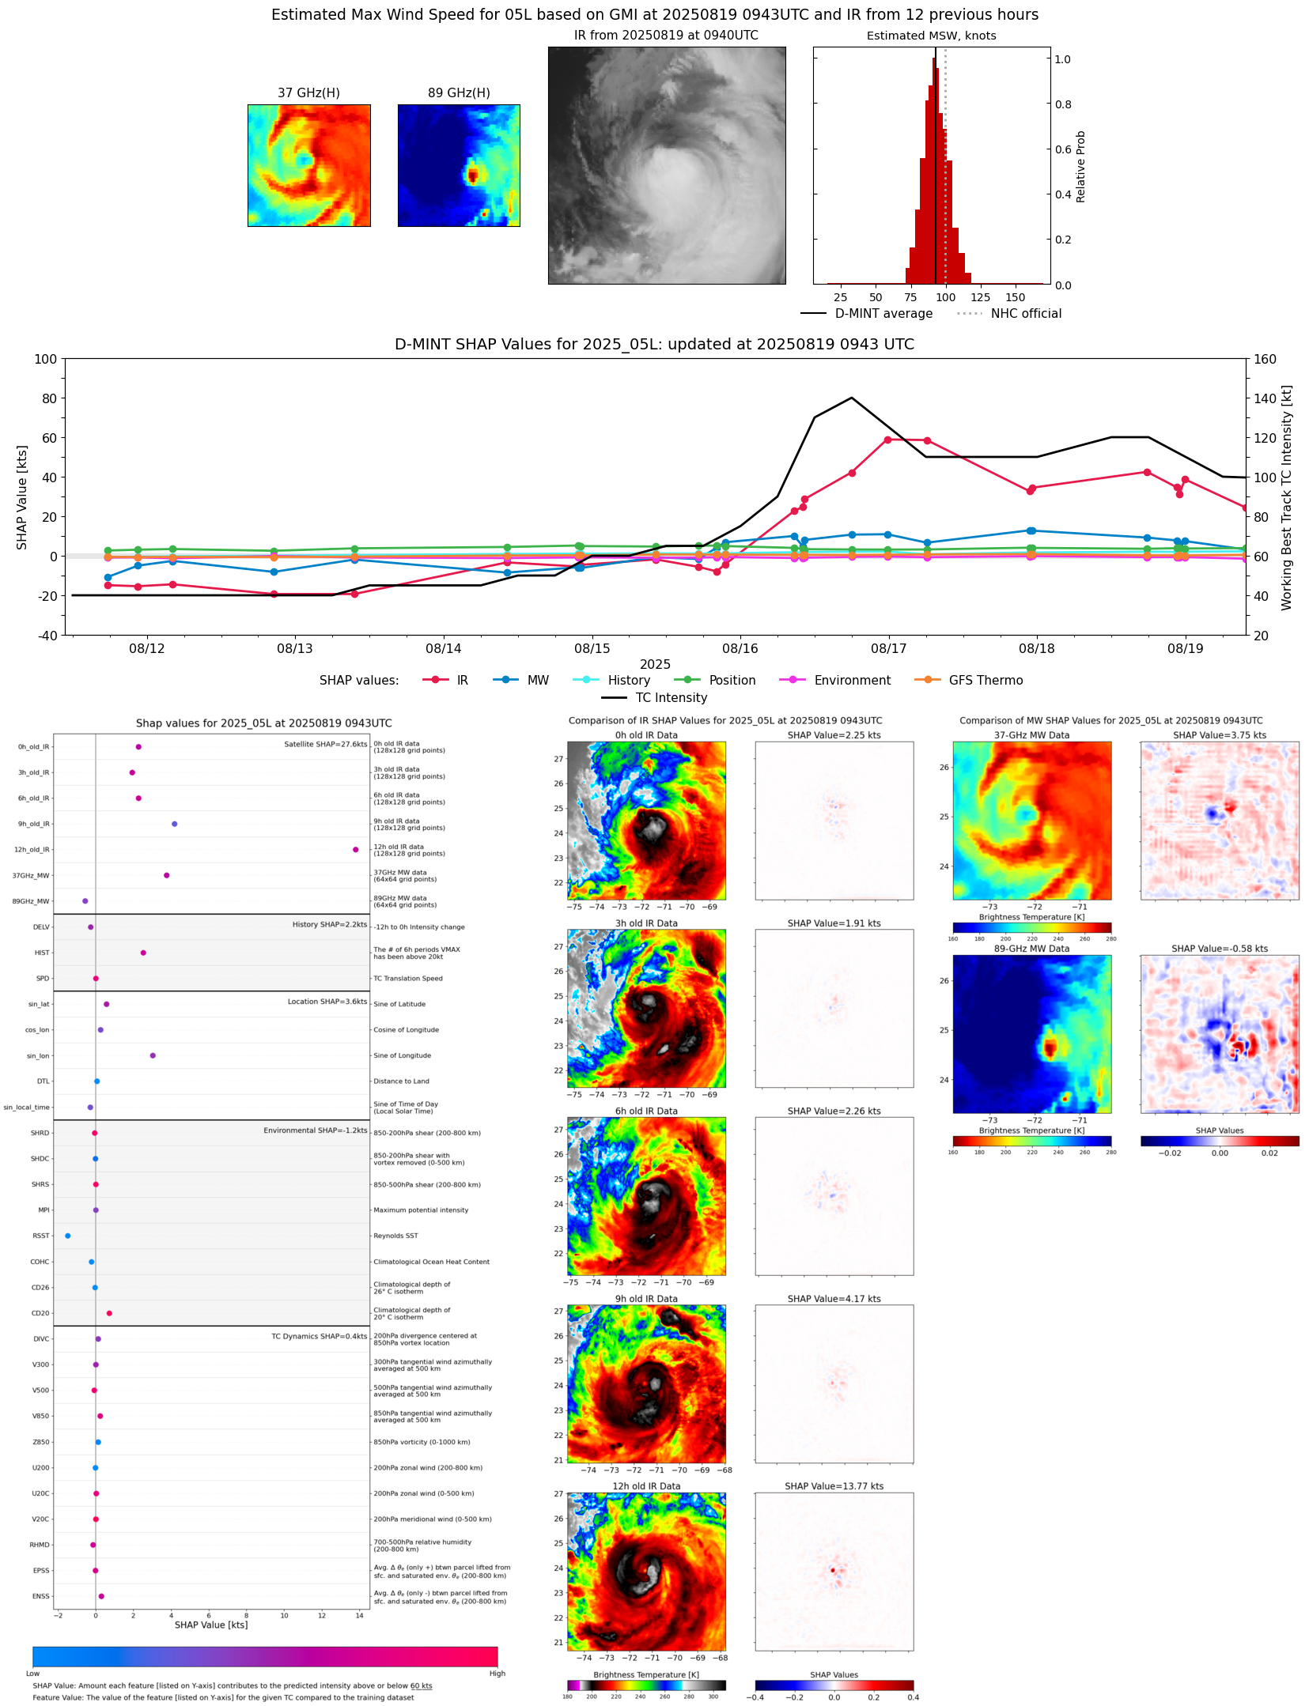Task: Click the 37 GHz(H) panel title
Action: [308, 93]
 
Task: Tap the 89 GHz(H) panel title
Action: [459, 93]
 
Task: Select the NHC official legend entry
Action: [1026, 314]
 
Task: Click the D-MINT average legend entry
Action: [883, 314]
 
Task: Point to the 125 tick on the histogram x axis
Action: [980, 297]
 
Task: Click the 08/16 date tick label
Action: [740, 649]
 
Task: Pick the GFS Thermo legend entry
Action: [986, 681]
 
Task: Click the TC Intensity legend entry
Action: [671, 698]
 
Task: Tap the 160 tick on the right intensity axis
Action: [1265, 359]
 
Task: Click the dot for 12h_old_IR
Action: [356, 850]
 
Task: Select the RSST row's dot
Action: [67, 1236]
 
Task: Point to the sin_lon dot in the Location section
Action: [153, 1055]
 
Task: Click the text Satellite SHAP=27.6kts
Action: [325, 745]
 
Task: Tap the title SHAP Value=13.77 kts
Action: [834, 1486]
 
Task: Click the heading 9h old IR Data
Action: [646, 1299]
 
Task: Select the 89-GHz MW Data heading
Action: [1031, 949]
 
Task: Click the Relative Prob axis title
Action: [1080, 167]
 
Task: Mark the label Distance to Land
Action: [401, 1081]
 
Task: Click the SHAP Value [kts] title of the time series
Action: [22, 497]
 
